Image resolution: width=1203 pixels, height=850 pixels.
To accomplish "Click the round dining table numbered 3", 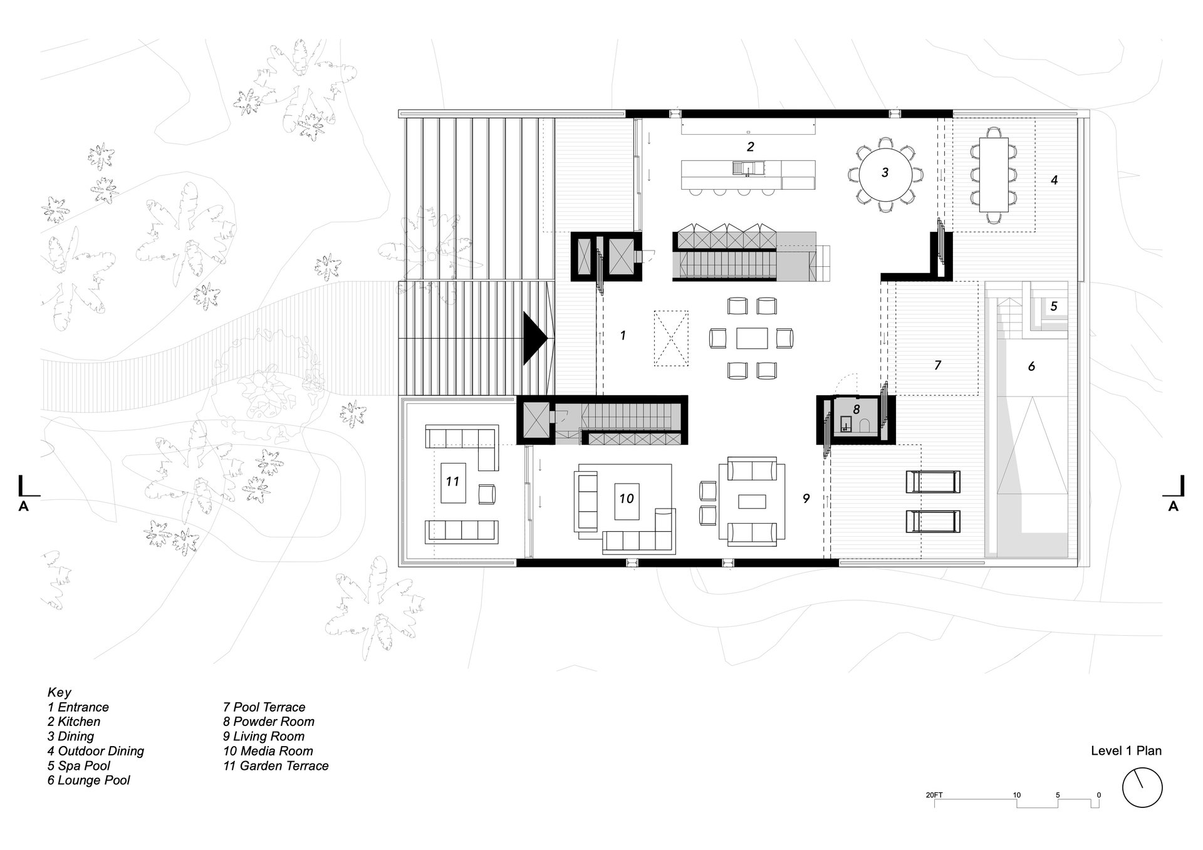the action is [x=885, y=172].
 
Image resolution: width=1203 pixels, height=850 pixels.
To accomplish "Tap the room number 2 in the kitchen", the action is [x=750, y=147].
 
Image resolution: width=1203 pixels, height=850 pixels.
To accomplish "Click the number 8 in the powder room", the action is [x=856, y=409].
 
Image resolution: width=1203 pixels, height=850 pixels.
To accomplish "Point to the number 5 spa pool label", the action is [x=1054, y=306].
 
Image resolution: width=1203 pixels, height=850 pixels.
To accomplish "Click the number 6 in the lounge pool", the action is [x=1031, y=366].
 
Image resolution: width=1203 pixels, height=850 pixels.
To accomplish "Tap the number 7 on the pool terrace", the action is [x=937, y=365].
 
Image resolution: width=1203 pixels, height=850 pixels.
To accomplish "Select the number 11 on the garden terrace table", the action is [x=452, y=481].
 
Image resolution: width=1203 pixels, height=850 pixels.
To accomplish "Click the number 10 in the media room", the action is [x=627, y=499].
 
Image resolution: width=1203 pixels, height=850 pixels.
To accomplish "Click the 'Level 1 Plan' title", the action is [x=1126, y=750].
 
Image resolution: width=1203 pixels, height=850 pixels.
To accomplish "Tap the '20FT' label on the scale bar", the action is [x=934, y=795].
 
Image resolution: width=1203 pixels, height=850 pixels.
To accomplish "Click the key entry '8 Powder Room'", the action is [x=269, y=722].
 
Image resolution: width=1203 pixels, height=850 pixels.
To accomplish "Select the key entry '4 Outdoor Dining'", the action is [x=96, y=750].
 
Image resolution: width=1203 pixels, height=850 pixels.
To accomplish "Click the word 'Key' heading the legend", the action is [x=60, y=693].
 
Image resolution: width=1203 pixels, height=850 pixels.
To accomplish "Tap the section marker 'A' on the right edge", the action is [x=1174, y=506].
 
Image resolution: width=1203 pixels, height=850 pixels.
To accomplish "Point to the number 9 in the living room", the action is [x=806, y=499].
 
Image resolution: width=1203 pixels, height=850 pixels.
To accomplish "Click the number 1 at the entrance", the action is [x=623, y=336].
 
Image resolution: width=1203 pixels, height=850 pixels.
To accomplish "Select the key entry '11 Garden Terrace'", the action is [x=276, y=765].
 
